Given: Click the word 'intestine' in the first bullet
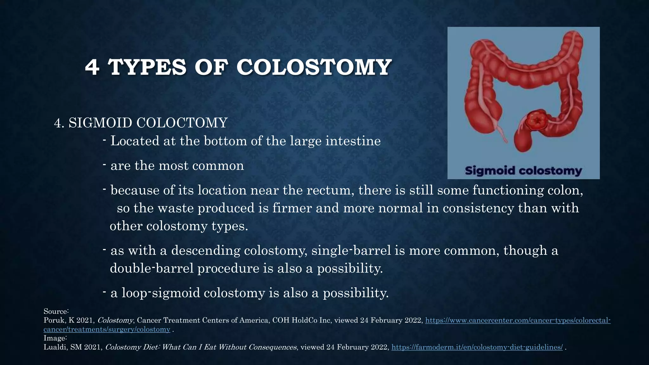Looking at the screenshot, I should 353,141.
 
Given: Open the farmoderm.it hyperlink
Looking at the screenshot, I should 477,347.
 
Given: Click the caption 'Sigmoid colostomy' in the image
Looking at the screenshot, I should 523,171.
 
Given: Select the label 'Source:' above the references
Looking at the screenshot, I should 56,311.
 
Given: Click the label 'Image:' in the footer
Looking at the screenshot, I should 55,338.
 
